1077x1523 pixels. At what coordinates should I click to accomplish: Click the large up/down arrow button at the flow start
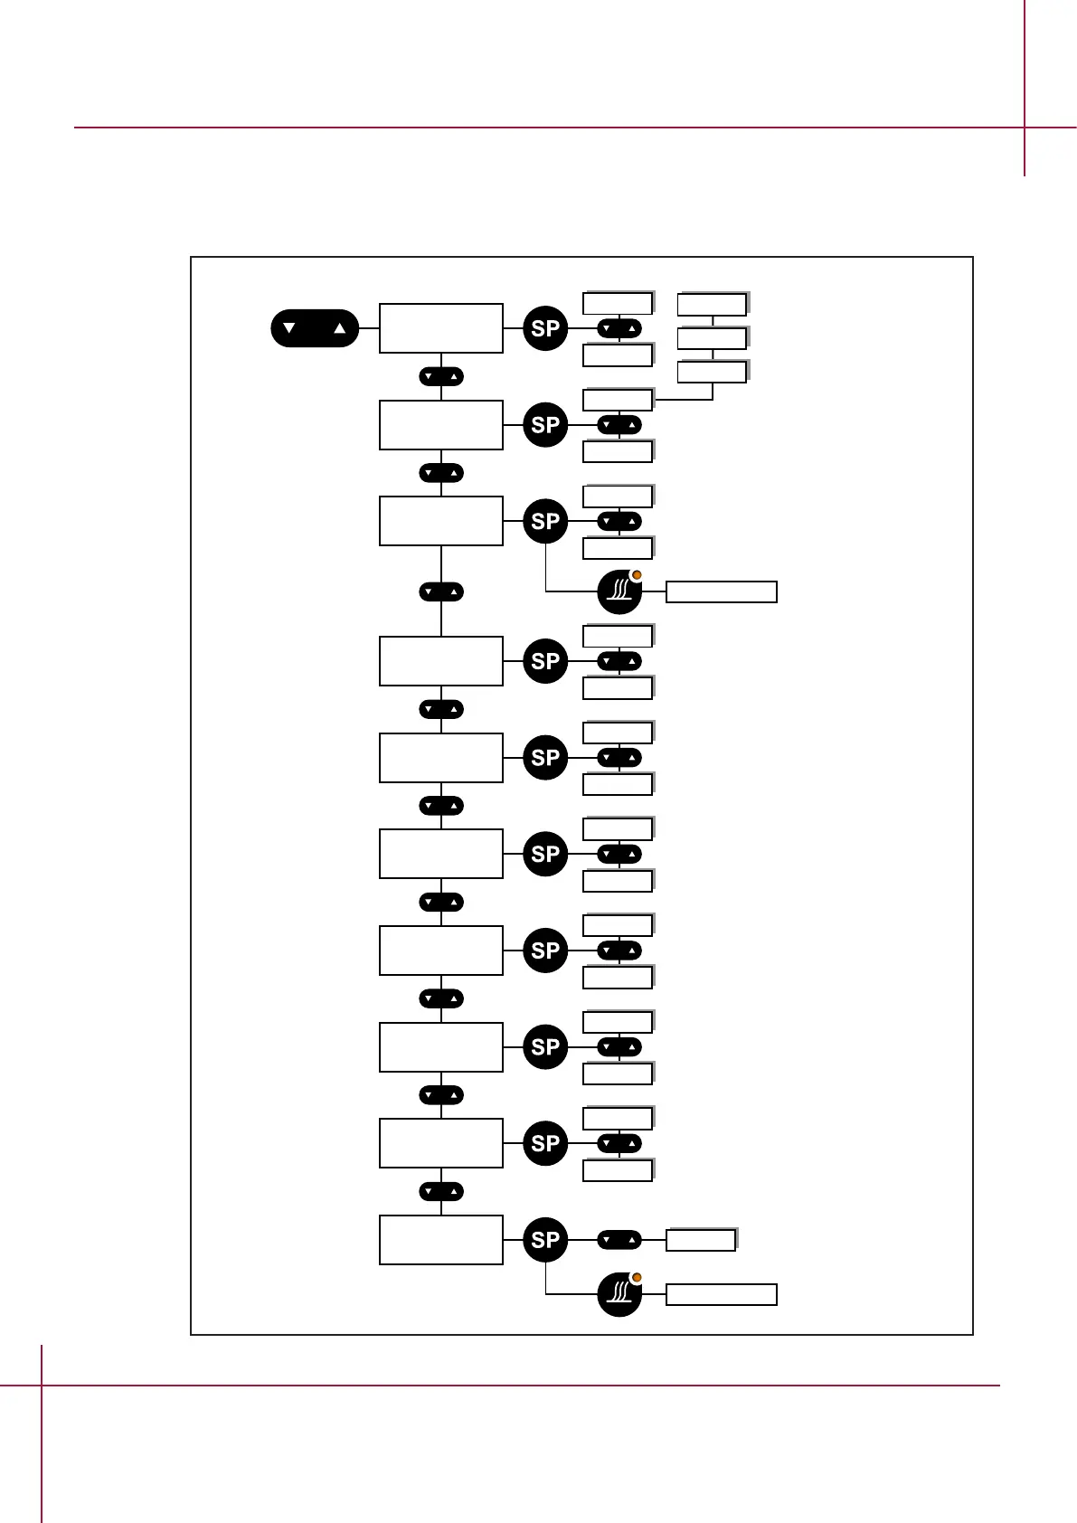point(315,328)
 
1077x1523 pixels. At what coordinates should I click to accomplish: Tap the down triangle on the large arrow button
point(289,328)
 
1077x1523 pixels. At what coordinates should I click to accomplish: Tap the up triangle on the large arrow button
point(340,328)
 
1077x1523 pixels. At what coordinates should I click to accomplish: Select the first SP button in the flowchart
point(545,328)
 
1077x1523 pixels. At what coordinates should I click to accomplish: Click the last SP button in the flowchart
point(545,1240)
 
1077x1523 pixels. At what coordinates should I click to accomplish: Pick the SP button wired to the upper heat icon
point(545,522)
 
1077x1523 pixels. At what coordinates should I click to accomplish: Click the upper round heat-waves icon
point(619,591)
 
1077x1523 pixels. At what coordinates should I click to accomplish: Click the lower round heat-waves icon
point(619,1294)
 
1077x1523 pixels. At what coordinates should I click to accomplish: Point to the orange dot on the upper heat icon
point(637,575)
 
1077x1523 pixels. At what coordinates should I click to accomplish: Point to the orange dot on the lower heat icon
point(637,1278)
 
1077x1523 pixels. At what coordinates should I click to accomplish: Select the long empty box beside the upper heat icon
point(721,592)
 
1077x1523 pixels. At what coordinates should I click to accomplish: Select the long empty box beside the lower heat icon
point(721,1295)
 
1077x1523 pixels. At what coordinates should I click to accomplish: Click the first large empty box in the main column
point(441,328)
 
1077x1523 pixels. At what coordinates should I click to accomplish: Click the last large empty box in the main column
point(441,1240)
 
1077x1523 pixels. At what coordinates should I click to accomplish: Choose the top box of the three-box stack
point(713,304)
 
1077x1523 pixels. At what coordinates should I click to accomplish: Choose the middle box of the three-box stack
point(713,338)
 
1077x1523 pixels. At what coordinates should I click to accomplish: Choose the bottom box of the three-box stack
point(713,372)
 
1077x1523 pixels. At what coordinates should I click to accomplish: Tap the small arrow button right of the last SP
point(619,1240)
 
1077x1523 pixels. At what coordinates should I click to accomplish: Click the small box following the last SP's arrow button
point(701,1240)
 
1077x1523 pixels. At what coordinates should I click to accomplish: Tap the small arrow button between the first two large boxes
point(441,376)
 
